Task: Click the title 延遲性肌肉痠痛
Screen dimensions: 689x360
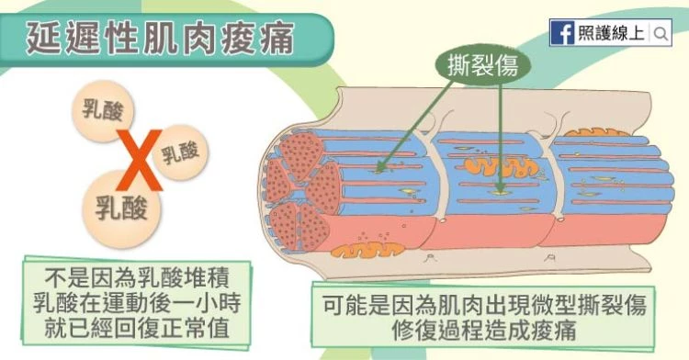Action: (160, 39)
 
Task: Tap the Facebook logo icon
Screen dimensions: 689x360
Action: (562, 33)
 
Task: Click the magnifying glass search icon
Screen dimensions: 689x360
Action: (661, 33)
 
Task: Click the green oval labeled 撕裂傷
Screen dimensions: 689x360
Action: (482, 66)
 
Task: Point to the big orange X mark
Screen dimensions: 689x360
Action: (140, 160)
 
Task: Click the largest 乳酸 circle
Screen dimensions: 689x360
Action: (121, 208)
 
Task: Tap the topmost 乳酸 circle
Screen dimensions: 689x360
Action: (103, 110)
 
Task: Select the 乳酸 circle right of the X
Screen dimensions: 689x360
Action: (180, 152)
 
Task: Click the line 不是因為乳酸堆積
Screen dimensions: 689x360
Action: (137, 278)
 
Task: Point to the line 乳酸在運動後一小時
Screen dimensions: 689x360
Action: (137, 303)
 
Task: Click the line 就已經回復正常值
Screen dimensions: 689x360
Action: (137, 328)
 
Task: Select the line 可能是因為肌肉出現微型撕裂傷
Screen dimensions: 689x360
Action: (484, 305)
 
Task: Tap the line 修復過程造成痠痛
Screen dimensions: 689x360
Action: (484, 330)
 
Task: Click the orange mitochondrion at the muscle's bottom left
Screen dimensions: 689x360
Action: (367, 250)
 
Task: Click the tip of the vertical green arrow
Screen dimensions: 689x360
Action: (501, 193)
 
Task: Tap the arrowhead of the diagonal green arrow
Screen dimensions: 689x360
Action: (378, 171)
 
